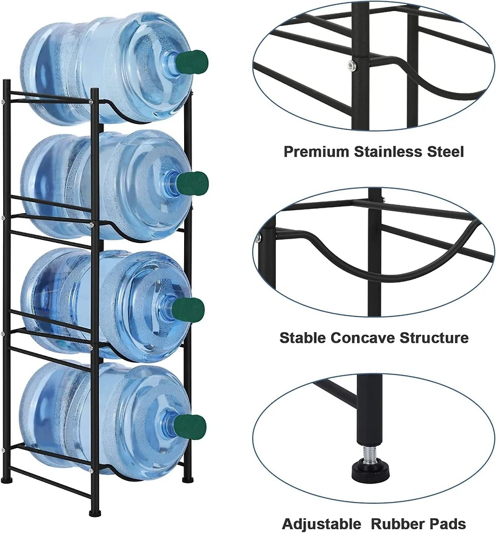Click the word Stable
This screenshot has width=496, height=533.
[303, 338]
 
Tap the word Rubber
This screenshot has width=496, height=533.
[397, 524]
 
